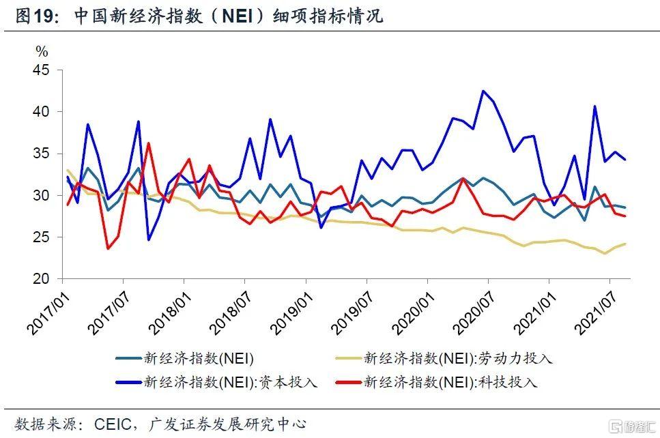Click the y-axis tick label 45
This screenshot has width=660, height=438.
[42, 70]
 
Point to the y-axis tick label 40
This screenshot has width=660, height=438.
[42, 112]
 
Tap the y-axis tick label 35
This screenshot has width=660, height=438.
[42, 154]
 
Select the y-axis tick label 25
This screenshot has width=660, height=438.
[42, 237]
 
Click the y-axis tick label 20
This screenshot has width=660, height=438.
[42, 279]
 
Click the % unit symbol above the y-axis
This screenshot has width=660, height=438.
[42, 52]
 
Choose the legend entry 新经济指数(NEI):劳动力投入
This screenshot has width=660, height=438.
[457, 357]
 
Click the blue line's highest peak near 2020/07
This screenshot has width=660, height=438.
[483, 91]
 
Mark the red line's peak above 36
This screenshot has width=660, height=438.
[148, 143]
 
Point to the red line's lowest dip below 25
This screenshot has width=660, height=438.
[108, 248]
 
